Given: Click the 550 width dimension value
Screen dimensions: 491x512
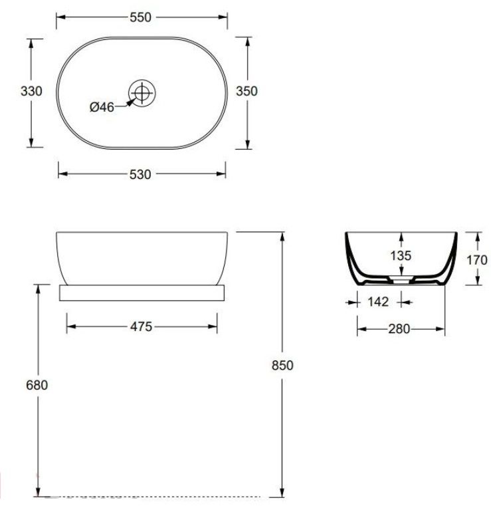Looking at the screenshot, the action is [x=140, y=17].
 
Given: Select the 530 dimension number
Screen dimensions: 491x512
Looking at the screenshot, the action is [x=140, y=175].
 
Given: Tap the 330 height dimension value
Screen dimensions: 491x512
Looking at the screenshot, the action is [x=31, y=91].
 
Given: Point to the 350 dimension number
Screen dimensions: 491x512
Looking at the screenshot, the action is [x=247, y=91].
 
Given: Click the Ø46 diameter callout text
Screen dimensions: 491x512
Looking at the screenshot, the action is [x=102, y=107].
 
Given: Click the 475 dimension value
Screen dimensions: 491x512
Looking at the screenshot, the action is [x=142, y=326].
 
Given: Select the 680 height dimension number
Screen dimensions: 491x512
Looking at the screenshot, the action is [x=37, y=385].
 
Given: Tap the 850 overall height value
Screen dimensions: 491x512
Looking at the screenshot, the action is [x=282, y=366].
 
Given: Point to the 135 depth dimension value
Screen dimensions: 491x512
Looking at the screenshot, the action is [x=401, y=256].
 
